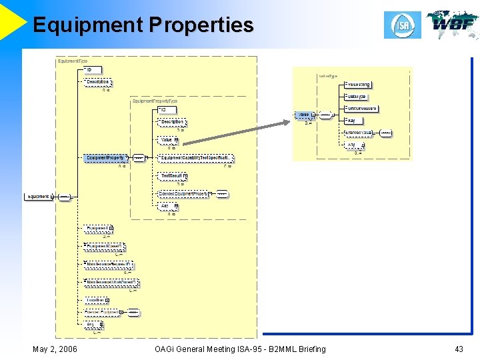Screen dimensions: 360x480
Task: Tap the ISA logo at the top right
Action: coord(403,25)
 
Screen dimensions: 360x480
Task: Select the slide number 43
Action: coord(458,349)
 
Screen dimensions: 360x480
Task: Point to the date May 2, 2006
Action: coord(55,349)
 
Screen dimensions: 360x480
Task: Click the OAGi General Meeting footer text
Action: coord(240,349)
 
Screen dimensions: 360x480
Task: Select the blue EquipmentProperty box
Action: coord(106,158)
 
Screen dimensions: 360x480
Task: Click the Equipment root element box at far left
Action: coord(38,197)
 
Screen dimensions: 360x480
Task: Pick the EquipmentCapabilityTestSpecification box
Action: coord(196,158)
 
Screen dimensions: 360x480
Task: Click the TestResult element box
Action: coord(171,176)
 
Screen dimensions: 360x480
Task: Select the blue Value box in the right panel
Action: coord(304,115)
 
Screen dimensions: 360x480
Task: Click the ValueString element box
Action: coord(358,85)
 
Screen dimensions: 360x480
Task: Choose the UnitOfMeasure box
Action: coord(361,108)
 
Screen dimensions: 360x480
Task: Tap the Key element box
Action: coord(351,121)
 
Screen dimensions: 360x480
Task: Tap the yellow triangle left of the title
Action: coord(12,20)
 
